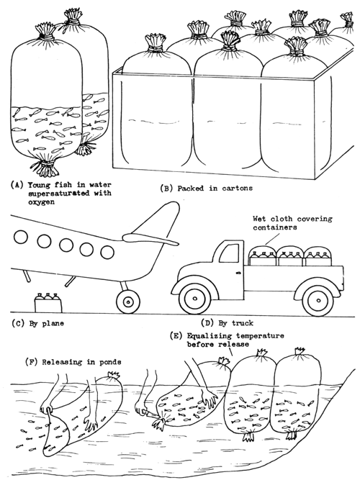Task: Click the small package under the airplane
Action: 48,300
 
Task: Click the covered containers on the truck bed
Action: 287,258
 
